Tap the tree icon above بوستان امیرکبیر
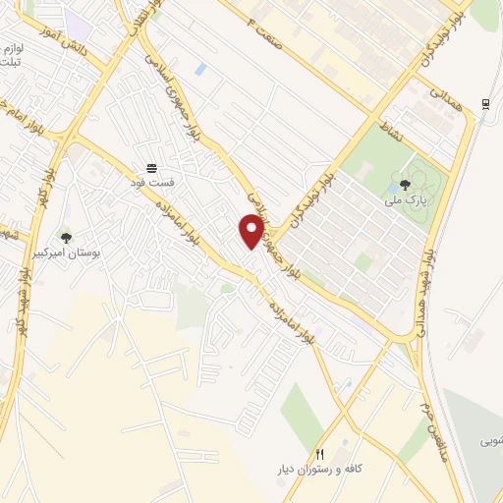[66, 237]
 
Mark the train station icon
[485, 104]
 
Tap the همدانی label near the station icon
[447, 94]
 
